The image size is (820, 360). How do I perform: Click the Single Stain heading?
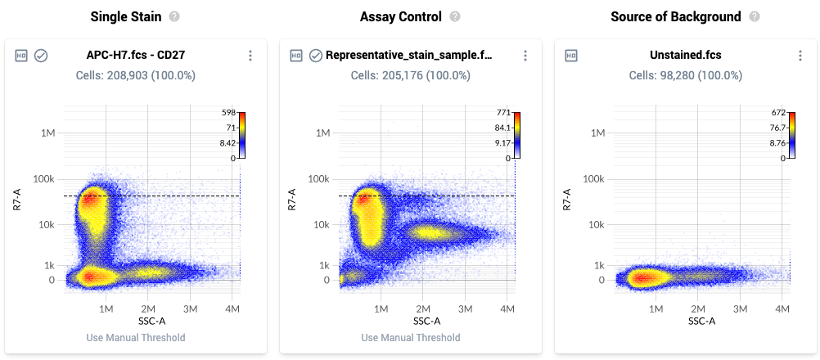click(125, 16)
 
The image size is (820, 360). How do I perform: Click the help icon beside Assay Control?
click(455, 16)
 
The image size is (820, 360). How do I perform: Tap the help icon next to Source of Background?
click(755, 16)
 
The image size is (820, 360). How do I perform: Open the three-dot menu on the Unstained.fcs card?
click(800, 56)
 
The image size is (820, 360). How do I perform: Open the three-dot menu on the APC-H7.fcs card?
click(250, 56)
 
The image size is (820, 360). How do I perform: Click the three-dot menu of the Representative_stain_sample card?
click(525, 56)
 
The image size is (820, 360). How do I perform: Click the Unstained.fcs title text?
click(686, 56)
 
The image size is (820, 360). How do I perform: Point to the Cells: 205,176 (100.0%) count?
click(411, 75)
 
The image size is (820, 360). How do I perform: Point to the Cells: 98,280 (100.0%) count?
click(686, 75)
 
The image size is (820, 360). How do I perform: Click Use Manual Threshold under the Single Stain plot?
click(136, 338)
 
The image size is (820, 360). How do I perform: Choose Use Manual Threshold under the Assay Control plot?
click(411, 338)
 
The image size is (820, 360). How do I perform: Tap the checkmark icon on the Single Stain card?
click(41, 56)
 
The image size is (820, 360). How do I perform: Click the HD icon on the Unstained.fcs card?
click(571, 56)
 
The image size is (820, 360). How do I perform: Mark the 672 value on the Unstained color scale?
click(778, 112)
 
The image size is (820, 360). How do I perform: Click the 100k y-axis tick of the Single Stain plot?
click(43, 178)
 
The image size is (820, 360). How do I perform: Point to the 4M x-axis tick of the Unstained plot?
click(782, 308)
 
